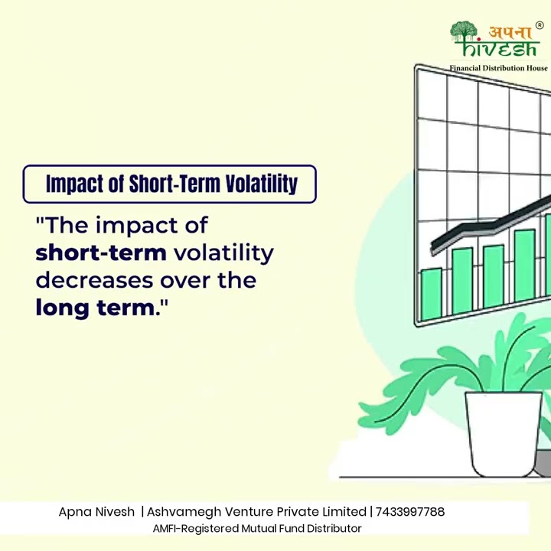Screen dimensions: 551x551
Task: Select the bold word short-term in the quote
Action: tap(101, 253)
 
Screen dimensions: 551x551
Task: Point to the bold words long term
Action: tap(95, 308)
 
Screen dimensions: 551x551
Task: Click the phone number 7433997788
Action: tap(410, 512)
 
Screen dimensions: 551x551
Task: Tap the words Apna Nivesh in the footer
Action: tap(96, 512)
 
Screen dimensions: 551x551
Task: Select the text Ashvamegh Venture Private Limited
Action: tap(256, 512)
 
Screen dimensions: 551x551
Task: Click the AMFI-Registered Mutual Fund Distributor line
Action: tap(256, 529)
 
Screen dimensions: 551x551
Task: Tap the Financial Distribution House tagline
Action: tap(498, 68)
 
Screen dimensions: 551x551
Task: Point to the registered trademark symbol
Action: tap(540, 24)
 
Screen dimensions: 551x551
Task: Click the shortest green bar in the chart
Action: tap(432, 293)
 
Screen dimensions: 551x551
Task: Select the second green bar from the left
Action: tap(462, 280)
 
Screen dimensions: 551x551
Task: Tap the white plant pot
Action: tap(503, 432)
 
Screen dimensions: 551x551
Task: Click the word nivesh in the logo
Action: tap(505, 48)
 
